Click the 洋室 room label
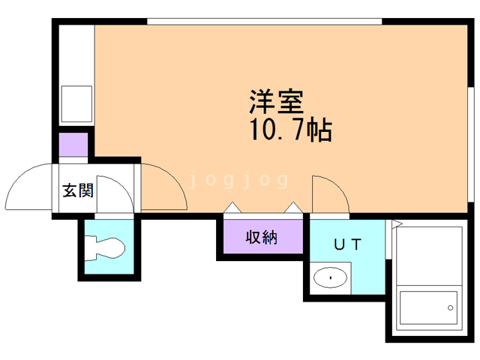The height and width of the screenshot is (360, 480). [277, 102]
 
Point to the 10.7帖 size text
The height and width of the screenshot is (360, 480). [291, 129]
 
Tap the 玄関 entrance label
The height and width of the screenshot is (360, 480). [78, 190]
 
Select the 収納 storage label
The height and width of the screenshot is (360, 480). [262, 237]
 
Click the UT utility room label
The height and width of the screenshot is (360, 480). [347, 244]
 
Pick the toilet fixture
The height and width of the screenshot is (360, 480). [105, 248]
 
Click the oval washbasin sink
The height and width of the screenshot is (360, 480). [330, 277]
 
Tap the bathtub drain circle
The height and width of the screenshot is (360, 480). [450, 307]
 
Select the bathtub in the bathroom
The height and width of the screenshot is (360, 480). [429, 308]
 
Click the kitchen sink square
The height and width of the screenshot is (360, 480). [76, 103]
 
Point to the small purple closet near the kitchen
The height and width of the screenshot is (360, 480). [73, 145]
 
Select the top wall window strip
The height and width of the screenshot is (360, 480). [265, 22]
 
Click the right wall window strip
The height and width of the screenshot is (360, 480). [471, 145]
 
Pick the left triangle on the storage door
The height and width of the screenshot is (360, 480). [232, 208]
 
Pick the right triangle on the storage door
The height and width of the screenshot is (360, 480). [293, 208]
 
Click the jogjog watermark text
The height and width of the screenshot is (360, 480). [238, 180]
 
